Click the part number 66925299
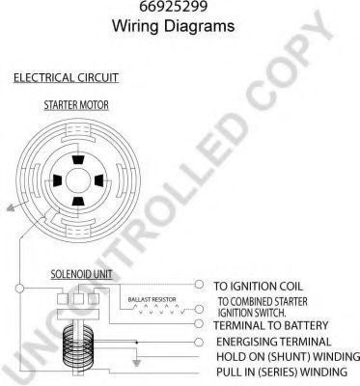(x=173, y=6)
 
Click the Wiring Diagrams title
(x=173, y=26)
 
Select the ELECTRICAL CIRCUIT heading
(x=66, y=78)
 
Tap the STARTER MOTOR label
(x=76, y=105)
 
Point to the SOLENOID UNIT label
(x=81, y=274)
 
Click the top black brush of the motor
(x=78, y=160)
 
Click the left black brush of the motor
(x=57, y=180)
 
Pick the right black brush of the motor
(x=98, y=180)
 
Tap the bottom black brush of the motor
(x=78, y=202)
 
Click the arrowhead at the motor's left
(x=11, y=208)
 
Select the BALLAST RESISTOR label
(x=152, y=299)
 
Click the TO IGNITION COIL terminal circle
(x=200, y=285)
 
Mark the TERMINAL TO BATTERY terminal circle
(x=200, y=323)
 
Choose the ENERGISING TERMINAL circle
(x=200, y=342)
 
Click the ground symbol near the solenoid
(x=137, y=363)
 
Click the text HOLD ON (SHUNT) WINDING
(x=288, y=357)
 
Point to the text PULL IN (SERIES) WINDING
(x=282, y=372)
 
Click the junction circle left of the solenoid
(x=20, y=289)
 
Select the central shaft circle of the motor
(x=78, y=180)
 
